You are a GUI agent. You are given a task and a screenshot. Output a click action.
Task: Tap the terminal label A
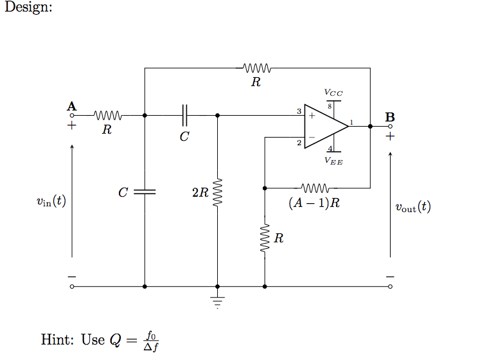coord(71,105)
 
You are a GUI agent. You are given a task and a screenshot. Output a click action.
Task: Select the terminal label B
coord(390,118)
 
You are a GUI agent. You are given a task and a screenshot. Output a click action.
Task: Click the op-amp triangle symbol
coord(324,127)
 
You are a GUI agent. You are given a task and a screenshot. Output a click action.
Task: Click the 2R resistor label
coord(200,192)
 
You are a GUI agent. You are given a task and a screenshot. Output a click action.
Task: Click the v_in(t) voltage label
coord(51,201)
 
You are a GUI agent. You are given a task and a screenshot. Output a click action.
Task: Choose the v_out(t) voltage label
coord(413,207)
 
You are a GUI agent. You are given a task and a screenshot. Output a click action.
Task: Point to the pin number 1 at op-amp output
coord(351,122)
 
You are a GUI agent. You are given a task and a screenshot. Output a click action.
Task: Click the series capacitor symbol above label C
coord(184,116)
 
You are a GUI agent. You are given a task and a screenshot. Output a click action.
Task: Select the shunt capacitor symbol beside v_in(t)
coord(145,192)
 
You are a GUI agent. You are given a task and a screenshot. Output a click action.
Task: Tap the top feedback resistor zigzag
coord(258,67)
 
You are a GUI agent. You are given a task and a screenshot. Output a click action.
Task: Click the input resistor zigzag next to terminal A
coord(107,116)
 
